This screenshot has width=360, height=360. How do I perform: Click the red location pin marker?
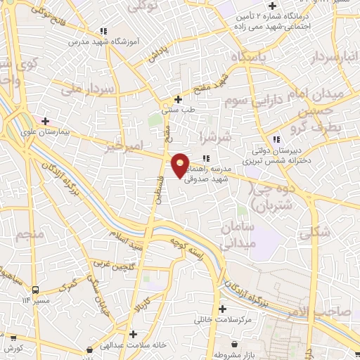tap(181, 165)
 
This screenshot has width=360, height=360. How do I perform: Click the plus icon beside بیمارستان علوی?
tap(46, 121)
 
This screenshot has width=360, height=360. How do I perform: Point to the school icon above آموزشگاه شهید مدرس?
tap(103, 30)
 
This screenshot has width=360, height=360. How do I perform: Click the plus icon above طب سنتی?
tap(178, 99)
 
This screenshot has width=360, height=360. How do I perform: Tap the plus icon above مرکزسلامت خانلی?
tap(222, 309)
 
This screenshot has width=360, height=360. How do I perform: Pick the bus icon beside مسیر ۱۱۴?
tap(35, 290)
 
